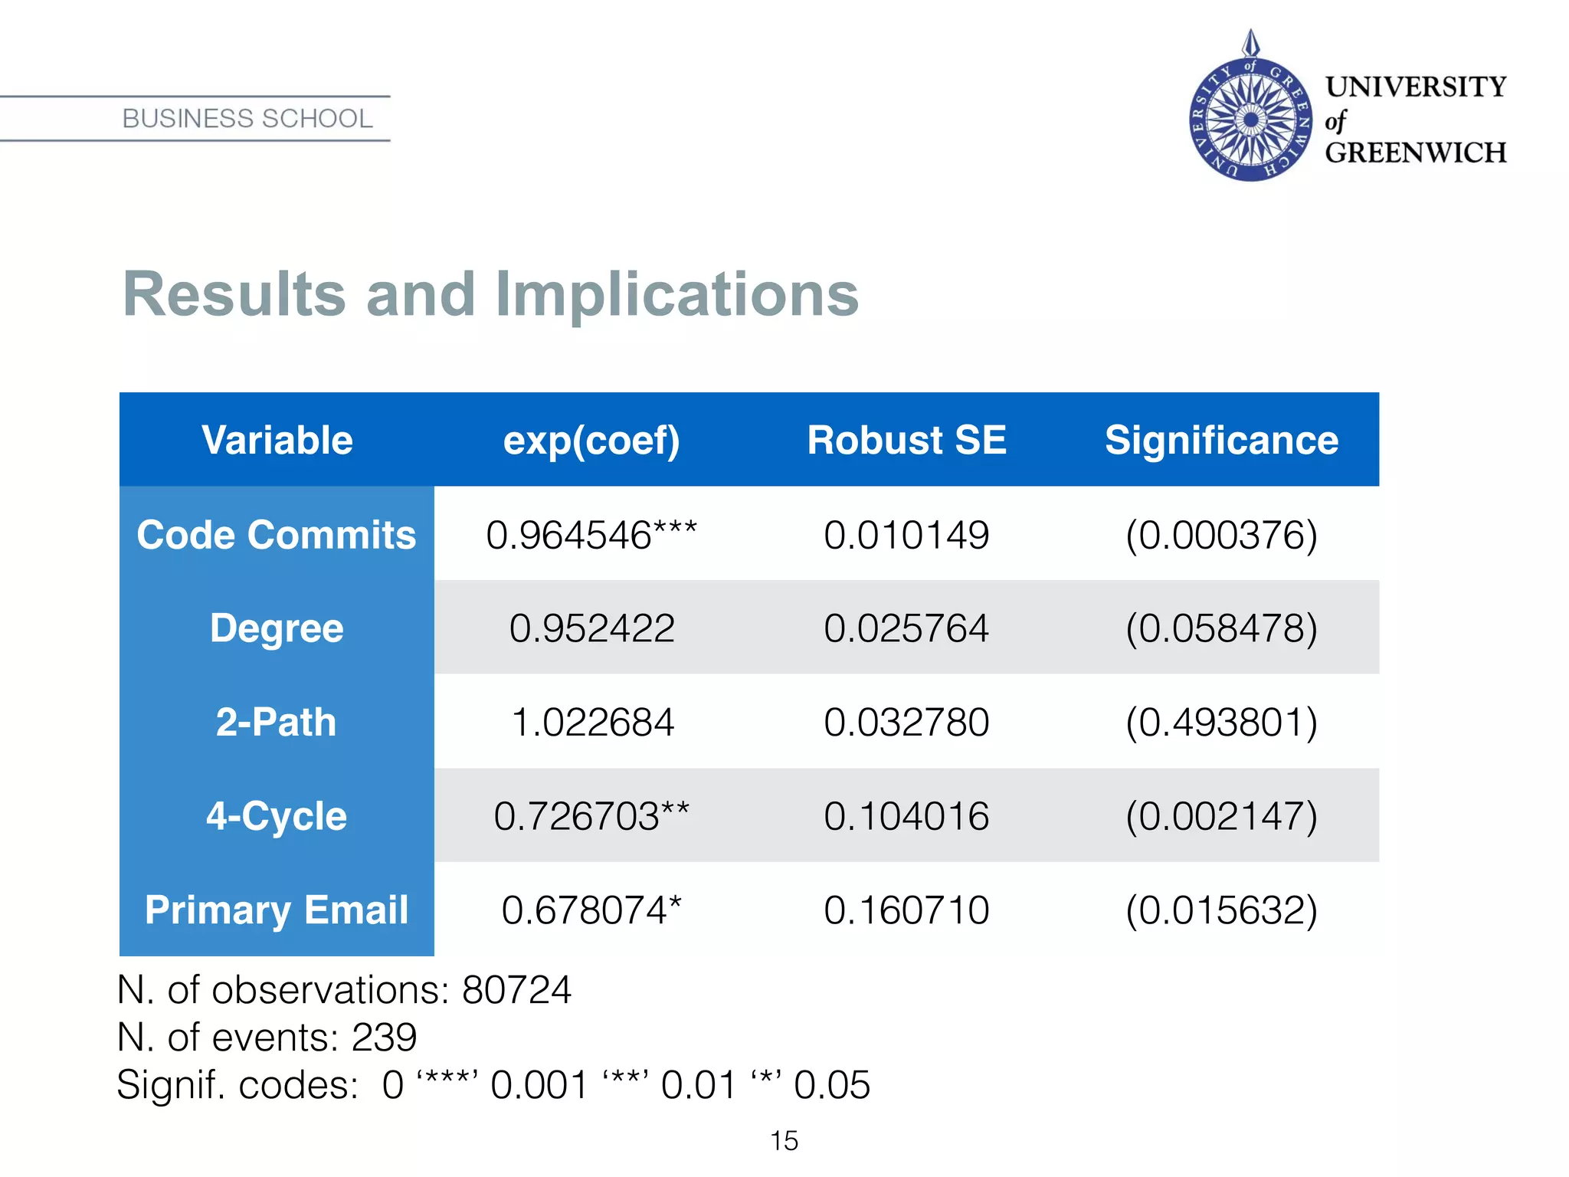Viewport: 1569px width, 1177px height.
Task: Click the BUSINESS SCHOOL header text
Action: (247, 119)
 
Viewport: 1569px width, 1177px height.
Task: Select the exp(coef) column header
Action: (591, 441)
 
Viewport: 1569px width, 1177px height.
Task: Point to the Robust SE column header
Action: (906, 441)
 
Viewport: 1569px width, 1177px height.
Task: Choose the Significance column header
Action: (1221, 441)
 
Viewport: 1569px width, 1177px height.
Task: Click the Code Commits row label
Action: (276, 535)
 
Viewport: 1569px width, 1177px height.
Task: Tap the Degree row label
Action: (276, 628)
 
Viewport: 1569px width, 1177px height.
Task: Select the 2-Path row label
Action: (276, 723)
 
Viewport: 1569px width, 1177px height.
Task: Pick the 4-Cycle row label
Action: (276, 816)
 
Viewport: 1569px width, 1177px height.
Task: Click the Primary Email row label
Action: (276, 910)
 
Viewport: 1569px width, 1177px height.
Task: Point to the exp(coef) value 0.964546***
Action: (591, 535)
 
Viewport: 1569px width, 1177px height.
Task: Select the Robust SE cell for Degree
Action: (906, 628)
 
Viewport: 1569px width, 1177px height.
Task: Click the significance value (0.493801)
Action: (1221, 723)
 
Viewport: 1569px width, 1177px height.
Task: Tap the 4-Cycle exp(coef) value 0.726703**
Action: (591, 816)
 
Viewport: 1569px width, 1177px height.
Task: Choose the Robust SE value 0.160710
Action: (906, 910)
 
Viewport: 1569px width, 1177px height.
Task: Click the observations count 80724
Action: (516, 990)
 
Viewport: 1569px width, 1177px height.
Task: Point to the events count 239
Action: (384, 1038)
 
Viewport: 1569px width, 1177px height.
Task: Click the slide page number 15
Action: (784, 1141)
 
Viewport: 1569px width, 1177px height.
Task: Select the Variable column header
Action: (277, 441)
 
